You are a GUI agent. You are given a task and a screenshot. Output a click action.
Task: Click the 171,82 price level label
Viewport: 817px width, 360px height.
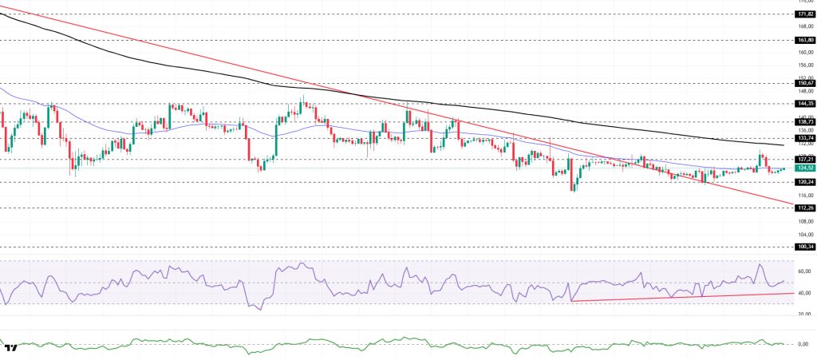pyautogui.click(x=804, y=14)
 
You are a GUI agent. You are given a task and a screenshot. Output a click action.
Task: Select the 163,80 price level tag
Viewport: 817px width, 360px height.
pyautogui.click(x=804, y=40)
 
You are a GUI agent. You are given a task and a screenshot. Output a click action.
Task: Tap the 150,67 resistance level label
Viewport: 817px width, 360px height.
pyautogui.click(x=804, y=83)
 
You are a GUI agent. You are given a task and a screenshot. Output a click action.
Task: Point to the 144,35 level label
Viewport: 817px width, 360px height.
pyautogui.click(x=804, y=104)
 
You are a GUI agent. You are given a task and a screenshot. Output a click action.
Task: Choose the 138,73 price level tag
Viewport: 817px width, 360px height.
pyautogui.click(x=804, y=122)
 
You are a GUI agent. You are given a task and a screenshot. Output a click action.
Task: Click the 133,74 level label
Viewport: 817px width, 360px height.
pyautogui.click(x=804, y=138)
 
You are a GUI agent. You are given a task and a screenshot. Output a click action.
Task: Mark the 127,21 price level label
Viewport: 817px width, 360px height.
pyautogui.click(x=804, y=159)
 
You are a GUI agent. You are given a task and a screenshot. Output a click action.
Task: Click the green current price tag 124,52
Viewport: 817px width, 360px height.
pyautogui.click(x=804, y=168)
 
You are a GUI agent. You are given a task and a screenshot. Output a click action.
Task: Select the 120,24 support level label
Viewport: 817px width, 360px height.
pyautogui.click(x=804, y=182)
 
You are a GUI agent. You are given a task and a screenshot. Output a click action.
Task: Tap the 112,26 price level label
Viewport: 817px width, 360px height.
pyautogui.click(x=804, y=208)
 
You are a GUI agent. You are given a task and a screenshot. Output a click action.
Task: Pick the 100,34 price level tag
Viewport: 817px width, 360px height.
pyautogui.click(x=804, y=247)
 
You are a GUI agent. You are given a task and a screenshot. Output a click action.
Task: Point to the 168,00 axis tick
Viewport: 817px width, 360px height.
pyautogui.click(x=804, y=26)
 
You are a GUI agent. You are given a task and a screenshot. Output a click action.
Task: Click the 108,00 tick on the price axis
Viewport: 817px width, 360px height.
pyautogui.click(x=804, y=221)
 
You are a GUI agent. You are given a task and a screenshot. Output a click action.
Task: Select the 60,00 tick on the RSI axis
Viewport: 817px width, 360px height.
pyautogui.click(x=804, y=271)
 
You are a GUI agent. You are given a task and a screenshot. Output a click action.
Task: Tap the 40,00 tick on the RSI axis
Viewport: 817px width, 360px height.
pyautogui.click(x=804, y=293)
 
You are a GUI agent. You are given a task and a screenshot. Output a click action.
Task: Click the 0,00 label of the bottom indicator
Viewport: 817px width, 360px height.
pyautogui.click(x=804, y=344)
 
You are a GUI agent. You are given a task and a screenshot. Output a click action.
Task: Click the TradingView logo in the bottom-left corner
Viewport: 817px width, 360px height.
pyautogui.click(x=11, y=348)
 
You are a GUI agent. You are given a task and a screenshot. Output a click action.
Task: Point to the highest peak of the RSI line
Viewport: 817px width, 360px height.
pyautogui.click(x=759, y=264)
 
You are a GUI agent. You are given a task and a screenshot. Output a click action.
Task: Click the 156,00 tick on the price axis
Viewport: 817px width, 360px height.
pyautogui.click(x=804, y=65)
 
